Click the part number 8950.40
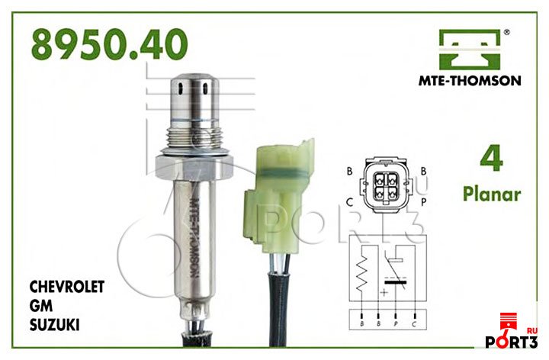click(110, 44)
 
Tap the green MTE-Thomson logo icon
click(470, 50)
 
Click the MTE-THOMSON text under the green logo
click(470, 81)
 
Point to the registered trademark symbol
click(506, 33)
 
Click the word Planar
click(492, 194)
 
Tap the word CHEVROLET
click(67, 287)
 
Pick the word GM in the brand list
click(41, 306)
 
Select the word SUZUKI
click(54, 325)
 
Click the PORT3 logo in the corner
click(512, 331)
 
